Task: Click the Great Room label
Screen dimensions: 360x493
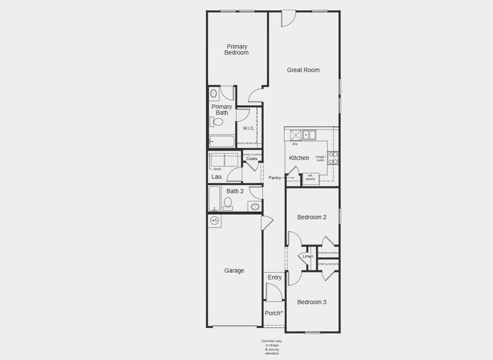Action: coord(303,70)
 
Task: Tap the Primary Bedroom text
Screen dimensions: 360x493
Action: coord(236,49)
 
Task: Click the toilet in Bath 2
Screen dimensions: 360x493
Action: coord(228,203)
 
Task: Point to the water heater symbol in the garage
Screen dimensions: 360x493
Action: coord(215,221)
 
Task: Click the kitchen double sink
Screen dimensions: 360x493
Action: coord(309,135)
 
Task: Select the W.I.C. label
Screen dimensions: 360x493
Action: coord(249,128)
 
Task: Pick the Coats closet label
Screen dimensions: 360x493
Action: coord(251,158)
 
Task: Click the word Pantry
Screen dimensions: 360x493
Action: coord(275,178)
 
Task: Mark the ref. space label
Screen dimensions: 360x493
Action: coord(310,178)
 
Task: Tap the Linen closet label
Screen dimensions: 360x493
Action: coord(308,256)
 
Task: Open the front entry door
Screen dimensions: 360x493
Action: coord(273,293)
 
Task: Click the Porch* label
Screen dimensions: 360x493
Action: coord(273,313)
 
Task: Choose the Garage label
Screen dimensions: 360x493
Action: coord(234,271)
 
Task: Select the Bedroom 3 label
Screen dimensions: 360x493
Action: coord(311,302)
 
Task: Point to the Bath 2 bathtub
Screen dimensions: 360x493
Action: coord(214,199)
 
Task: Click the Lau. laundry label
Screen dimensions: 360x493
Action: coord(217,177)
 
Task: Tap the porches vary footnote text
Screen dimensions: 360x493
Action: coord(272,347)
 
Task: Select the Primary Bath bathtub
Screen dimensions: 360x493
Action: coord(222,142)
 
